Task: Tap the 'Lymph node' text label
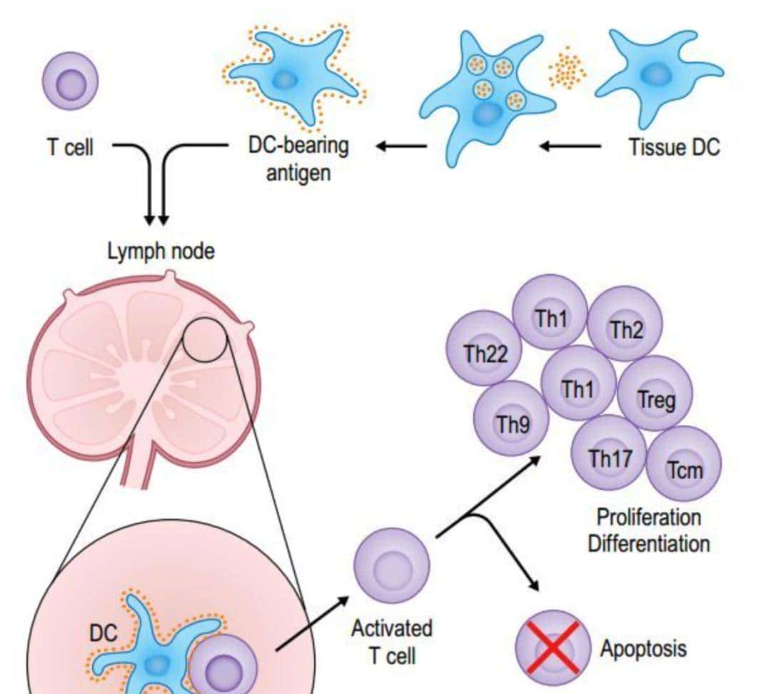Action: [x=161, y=252]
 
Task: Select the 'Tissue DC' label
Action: [x=674, y=147]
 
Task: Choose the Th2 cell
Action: [x=626, y=328]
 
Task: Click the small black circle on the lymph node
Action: [x=205, y=338]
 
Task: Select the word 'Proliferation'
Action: [x=648, y=516]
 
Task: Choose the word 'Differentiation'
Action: [x=648, y=543]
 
